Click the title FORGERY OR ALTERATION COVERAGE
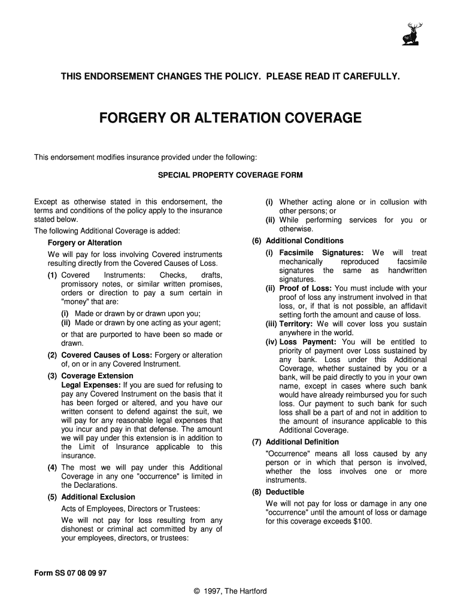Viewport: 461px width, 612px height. click(230, 118)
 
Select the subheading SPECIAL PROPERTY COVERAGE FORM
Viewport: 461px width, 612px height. click(230, 175)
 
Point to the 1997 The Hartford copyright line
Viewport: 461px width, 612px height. click(230, 591)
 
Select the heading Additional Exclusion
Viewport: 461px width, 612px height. click(98, 497)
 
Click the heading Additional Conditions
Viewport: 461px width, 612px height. click(305, 241)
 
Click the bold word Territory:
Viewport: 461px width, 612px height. click(296, 324)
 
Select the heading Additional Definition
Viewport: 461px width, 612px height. click(302, 442)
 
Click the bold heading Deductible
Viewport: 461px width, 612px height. click(285, 492)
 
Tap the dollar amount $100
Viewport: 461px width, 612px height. click(361, 521)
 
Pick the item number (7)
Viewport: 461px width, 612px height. click(256, 442)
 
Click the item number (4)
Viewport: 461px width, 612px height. click(52, 467)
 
